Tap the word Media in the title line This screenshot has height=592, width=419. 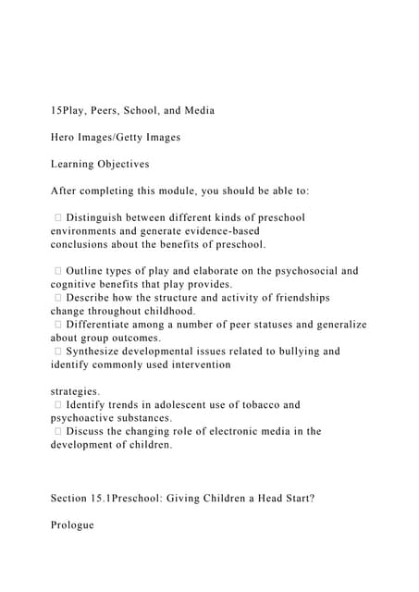point(195,111)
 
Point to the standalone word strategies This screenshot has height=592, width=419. point(76,392)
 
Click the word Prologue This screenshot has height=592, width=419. point(73,525)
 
